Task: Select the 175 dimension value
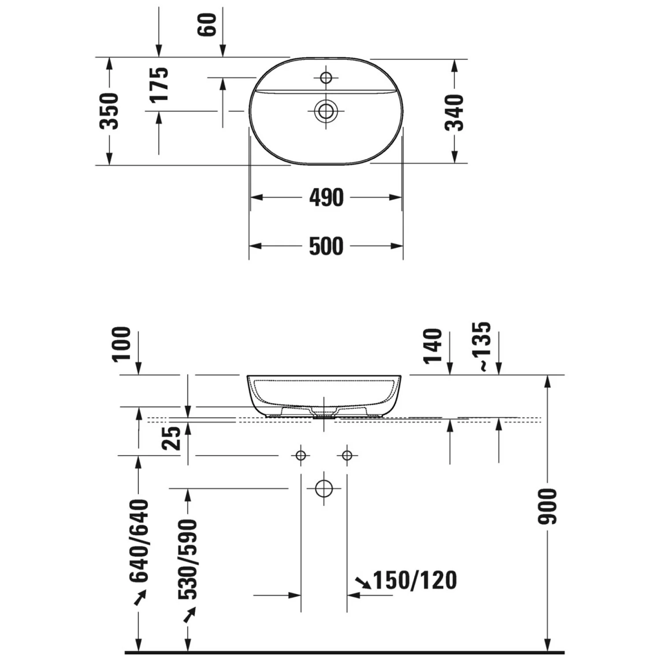159,85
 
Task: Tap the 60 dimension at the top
208,25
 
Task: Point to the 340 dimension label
454,113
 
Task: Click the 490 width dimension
326,197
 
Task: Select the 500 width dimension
326,246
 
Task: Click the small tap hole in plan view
326,78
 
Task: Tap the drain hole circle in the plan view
326,111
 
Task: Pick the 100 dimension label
122,345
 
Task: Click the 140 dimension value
433,346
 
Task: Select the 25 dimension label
172,438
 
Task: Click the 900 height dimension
548,506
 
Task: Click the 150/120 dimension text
415,580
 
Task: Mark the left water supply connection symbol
301,455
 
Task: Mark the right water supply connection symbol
347,455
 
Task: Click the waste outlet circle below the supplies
324,488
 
